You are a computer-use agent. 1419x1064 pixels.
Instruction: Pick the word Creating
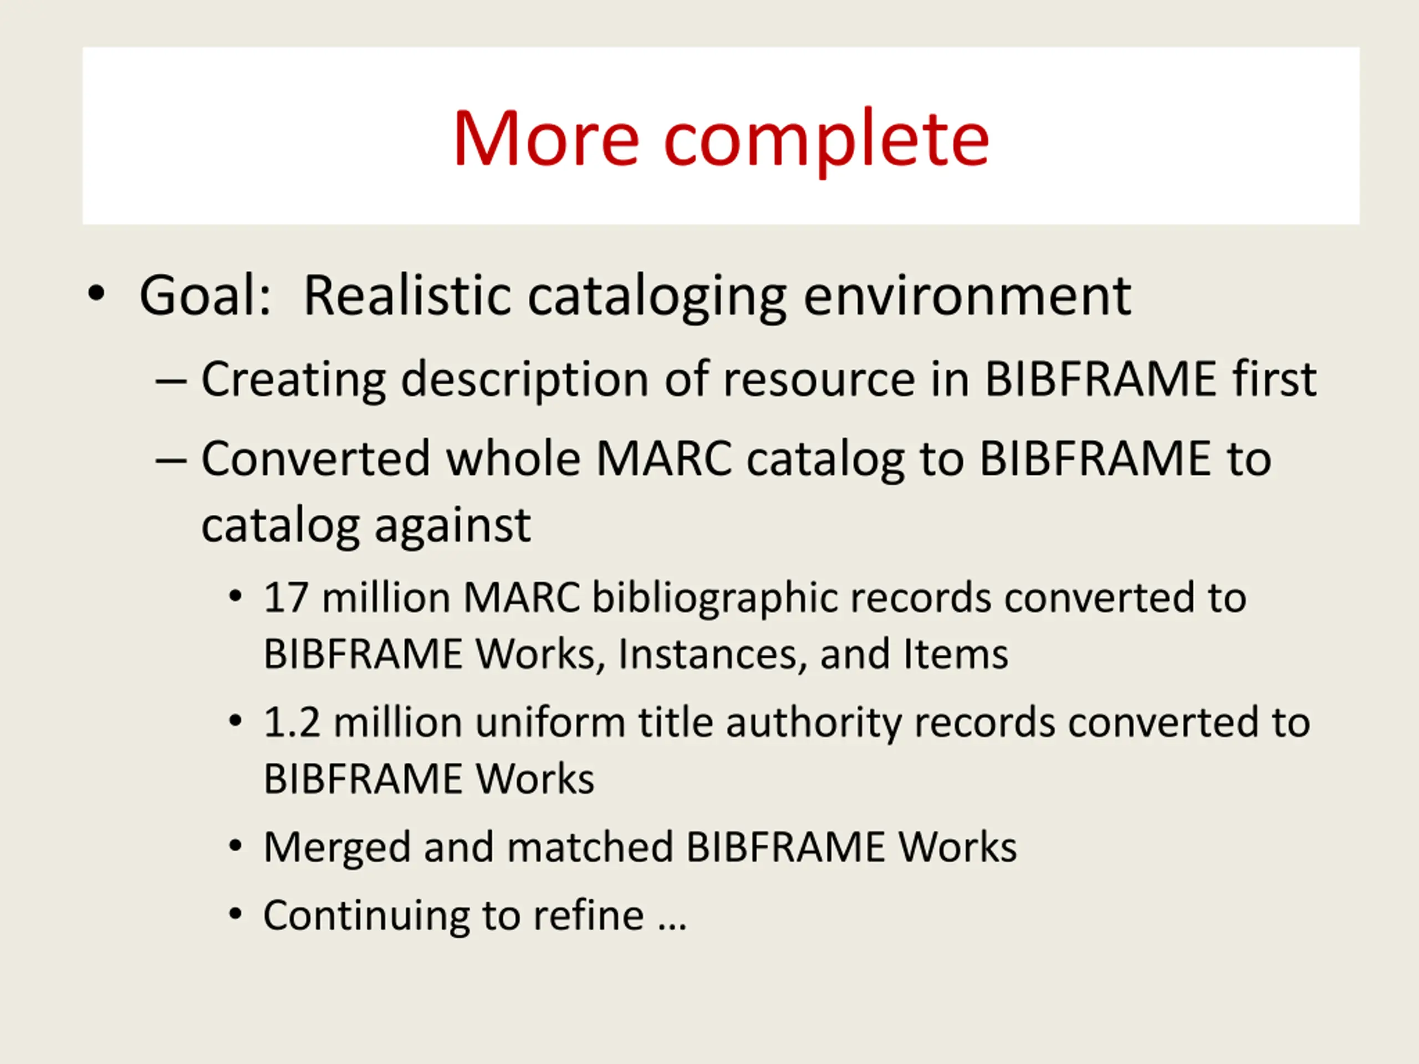(x=294, y=380)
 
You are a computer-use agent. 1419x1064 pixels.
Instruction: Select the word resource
(x=819, y=380)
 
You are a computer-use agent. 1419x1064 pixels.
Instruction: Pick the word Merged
(x=338, y=848)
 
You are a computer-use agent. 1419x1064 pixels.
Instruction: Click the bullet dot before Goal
(x=96, y=294)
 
